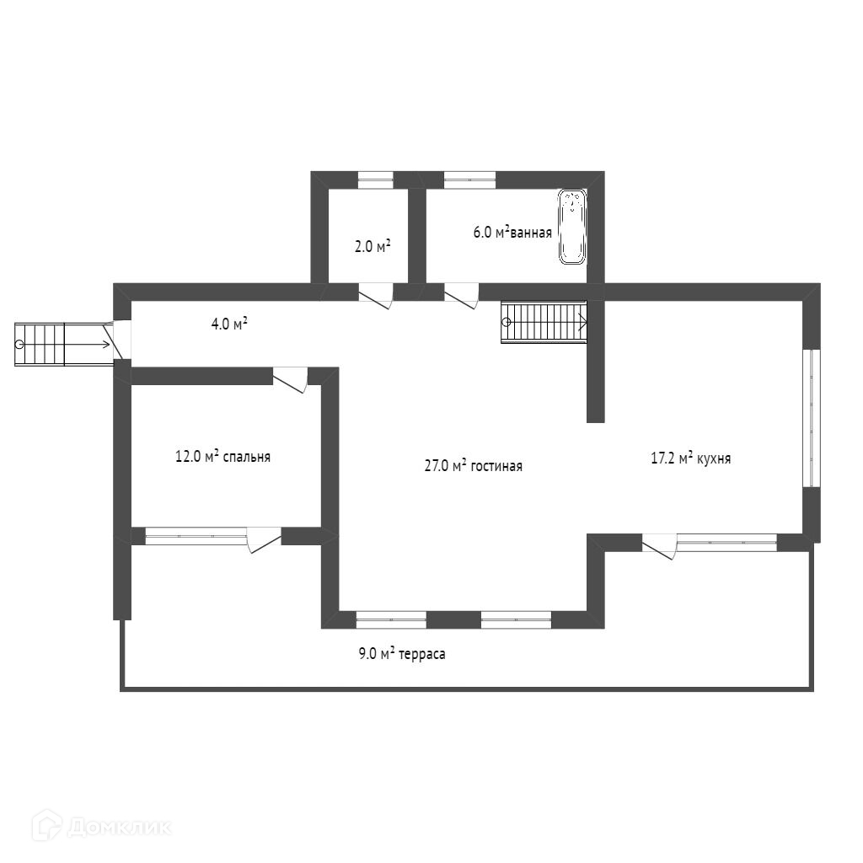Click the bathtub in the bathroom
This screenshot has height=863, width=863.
[x=572, y=227]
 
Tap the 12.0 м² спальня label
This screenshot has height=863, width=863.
[x=222, y=457]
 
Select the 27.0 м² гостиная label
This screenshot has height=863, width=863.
[x=473, y=465]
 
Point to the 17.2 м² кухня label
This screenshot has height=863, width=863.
[x=690, y=458]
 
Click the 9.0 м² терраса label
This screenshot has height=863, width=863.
[x=401, y=653]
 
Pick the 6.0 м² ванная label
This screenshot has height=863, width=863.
[x=512, y=233]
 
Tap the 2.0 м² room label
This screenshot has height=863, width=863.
[x=372, y=246]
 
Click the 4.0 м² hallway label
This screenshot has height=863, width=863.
[x=228, y=323]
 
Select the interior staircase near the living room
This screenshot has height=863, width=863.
[x=544, y=322]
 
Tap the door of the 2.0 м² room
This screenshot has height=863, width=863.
[x=376, y=294]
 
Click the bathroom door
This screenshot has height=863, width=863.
[x=461, y=294]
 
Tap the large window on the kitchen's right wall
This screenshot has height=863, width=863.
[x=811, y=418]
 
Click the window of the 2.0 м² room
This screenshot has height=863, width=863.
[x=376, y=180]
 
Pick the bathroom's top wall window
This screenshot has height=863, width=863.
[x=469, y=180]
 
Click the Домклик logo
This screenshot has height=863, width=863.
[x=100, y=826]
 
